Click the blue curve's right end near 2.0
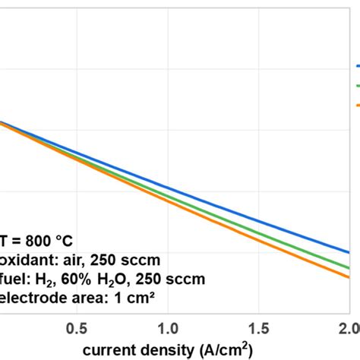click(x=348, y=251)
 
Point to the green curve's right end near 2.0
click(x=348, y=267)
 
